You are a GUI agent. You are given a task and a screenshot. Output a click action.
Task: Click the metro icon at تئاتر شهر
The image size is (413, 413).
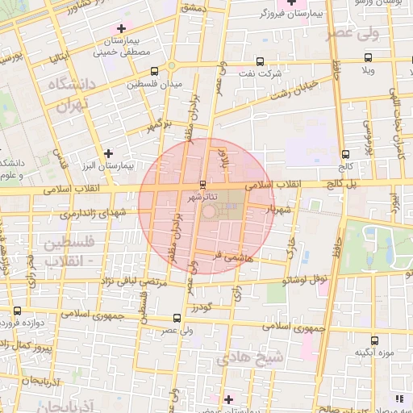click(x=202, y=184)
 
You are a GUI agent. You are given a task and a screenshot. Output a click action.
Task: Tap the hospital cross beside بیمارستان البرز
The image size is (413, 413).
click(x=109, y=152)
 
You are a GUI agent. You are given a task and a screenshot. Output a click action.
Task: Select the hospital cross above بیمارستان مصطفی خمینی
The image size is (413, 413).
click(x=121, y=29)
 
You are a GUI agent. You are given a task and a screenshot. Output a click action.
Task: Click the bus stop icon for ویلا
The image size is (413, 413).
click(x=369, y=57)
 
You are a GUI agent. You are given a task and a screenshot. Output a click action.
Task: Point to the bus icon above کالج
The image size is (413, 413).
click(x=345, y=154)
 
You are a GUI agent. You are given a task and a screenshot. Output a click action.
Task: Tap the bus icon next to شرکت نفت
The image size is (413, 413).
click(x=259, y=61)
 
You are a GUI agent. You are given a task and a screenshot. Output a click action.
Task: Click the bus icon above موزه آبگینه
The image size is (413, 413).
click(x=373, y=340)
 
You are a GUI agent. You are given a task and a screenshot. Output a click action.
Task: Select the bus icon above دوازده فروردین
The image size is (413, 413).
click(x=18, y=311)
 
